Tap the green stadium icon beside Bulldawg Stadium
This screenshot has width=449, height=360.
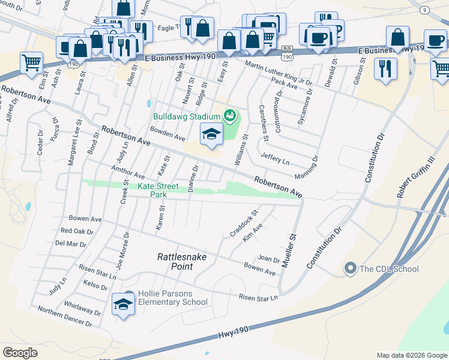(x=229, y=115)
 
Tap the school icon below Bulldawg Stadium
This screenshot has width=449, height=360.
(x=211, y=135)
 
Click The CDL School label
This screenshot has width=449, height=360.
(x=388, y=269)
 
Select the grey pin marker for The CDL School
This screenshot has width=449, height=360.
(x=349, y=269)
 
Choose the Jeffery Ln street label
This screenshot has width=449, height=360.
(x=275, y=158)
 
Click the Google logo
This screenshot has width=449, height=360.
(x=20, y=353)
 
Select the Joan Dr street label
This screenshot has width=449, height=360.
(x=268, y=259)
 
